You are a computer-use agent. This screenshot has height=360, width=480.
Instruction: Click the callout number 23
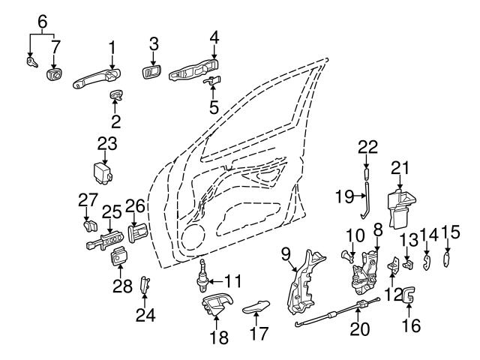[107, 142]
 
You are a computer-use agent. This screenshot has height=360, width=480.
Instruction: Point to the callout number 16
[412, 325]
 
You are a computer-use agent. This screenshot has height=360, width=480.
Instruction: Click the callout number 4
[214, 37]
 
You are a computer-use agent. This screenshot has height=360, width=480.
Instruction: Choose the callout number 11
[233, 282]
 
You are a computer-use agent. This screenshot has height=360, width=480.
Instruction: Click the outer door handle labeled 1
[96, 78]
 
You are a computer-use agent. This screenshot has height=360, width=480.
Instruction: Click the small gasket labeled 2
[116, 94]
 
